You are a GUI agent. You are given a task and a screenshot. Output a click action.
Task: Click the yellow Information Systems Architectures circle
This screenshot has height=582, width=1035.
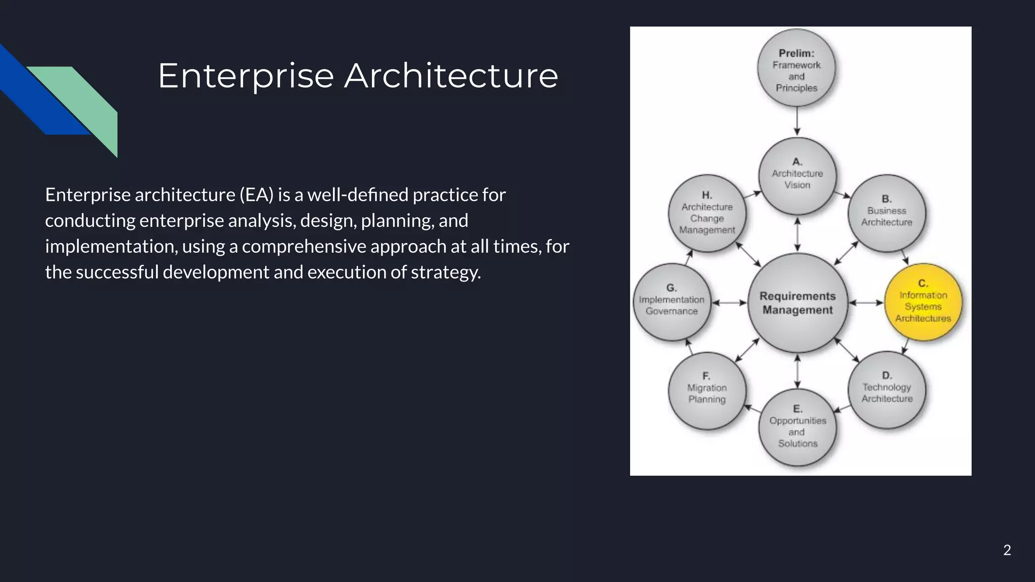point(923,302)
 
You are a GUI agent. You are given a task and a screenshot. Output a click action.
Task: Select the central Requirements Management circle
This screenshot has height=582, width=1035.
point(797,303)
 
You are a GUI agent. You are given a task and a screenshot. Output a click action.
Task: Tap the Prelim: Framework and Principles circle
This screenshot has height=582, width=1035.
point(796,68)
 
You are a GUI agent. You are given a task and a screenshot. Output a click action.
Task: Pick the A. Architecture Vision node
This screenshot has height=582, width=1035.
point(797,175)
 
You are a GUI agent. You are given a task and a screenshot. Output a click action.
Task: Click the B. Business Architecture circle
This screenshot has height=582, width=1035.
point(886,213)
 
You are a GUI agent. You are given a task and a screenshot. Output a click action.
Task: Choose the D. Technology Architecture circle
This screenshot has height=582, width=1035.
point(886,390)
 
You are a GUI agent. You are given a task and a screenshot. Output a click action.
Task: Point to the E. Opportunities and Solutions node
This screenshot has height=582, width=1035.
point(797,427)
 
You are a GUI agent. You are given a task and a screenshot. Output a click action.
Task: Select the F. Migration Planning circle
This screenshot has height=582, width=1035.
point(707,391)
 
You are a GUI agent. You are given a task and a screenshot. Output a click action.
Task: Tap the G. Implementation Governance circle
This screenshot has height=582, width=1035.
point(671,302)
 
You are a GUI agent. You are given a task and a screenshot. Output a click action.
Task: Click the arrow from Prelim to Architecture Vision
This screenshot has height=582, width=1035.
point(797,121)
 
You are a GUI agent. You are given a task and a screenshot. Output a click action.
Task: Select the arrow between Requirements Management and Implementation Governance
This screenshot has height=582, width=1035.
point(729,303)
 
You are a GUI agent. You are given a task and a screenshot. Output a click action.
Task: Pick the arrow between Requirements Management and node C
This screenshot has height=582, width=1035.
point(866,303)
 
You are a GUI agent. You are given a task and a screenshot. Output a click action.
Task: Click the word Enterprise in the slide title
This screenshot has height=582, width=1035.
point(246,76)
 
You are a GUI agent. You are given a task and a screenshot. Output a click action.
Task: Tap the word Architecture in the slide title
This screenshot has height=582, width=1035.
point(451,76)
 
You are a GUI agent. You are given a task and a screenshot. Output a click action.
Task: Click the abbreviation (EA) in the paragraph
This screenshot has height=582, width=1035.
point(256,195)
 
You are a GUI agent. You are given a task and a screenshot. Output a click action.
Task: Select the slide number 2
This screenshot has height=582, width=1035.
point(1007,550)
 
